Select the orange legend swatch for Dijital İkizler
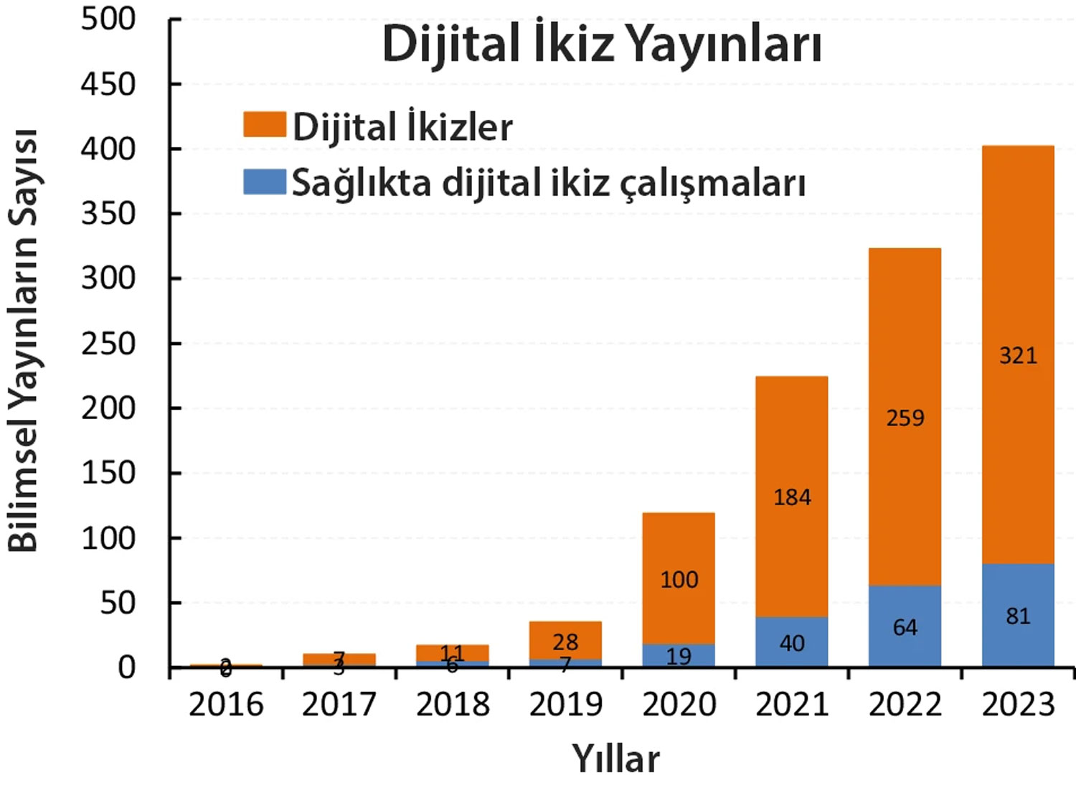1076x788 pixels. click(264, 124)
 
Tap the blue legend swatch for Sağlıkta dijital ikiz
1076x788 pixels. click(264, 181)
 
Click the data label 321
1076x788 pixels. click(1018, 355)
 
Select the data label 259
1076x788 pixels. click(905, 418)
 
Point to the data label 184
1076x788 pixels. click(792, 497)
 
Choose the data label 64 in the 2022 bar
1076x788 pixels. click(905, 628)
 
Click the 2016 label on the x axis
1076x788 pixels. click(226, 705)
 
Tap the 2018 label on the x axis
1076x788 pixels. click(453, 705)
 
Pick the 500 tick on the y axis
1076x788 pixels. click(108, 19)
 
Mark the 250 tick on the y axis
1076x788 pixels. click(108, 343)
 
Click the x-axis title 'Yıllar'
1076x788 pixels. click(615, 759)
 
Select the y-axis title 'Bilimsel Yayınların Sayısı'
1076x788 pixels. click(23, 341)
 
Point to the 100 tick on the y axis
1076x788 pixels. click(108, 538)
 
